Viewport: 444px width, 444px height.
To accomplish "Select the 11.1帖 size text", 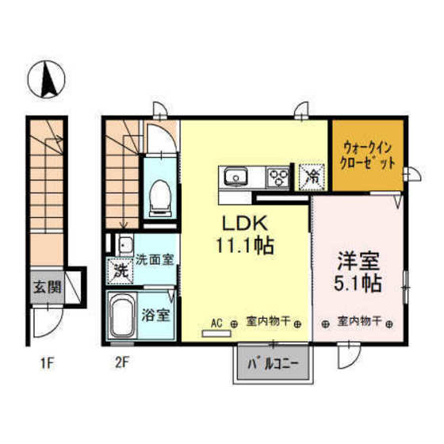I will [242, 246].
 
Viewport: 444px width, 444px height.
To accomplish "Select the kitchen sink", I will [235, 176].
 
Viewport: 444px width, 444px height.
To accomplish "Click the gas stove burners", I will [278, 175].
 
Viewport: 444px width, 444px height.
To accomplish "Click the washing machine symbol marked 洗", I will [121, 270].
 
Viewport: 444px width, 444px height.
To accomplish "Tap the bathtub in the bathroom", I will [124, 318].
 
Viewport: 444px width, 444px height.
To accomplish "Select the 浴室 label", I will [155, 315].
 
